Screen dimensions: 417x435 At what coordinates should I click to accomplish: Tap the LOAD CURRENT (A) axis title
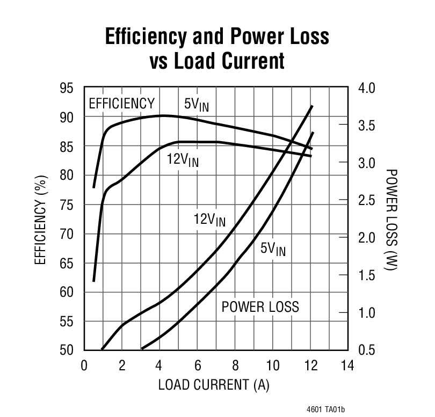[x=214, y=385]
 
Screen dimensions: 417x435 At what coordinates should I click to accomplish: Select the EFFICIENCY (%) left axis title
[x=41, y=219]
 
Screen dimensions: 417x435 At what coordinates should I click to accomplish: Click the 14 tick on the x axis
[x=347, y=366]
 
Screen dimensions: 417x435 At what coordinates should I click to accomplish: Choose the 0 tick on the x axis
[x=84, y=366]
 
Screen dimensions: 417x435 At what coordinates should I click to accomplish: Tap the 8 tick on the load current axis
[x=235, y=366]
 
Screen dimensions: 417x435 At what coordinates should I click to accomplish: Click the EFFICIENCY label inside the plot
[x=121, y=104]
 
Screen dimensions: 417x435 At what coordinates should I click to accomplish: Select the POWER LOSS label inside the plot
[x=260, y=308]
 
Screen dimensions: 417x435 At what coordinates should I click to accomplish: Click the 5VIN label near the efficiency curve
[x=196, y=105]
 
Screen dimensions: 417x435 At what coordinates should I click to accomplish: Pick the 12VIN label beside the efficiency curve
[x=182, y=160]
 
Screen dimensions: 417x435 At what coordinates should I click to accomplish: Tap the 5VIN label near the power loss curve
[x=273, y=249]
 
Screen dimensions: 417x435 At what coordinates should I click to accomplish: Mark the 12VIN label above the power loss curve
[x=209, y=220]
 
